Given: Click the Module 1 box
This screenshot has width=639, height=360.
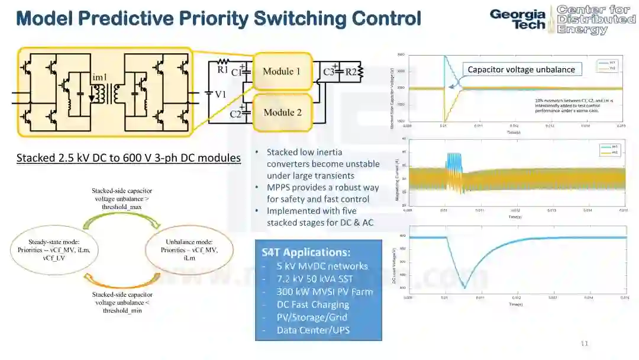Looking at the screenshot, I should coord(282,72).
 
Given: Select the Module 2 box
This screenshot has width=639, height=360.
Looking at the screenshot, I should coord(282,112).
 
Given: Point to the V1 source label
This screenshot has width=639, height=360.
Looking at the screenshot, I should coord(221,94).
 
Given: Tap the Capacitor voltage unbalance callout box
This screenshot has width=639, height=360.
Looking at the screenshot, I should coord(521,69).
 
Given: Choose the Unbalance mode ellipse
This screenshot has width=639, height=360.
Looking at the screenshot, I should coord(189,250).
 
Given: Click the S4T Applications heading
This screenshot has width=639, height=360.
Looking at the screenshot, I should coord(306,252).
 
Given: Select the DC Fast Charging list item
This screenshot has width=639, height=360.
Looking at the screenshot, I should coord(312,304).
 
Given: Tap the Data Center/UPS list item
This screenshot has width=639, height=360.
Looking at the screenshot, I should coord(312,330).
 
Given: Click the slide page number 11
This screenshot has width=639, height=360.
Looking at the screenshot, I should coord(585,343).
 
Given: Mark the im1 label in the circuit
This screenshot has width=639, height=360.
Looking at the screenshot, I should coord(99,78).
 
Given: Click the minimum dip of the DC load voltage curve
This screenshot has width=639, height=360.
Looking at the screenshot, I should coord(464,288).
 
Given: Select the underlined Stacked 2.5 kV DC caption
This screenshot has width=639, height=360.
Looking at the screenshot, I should coord(128,158).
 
